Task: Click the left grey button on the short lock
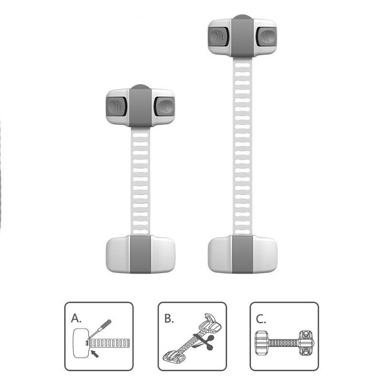(x=117, y=106)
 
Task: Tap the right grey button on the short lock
(x=164, y=106)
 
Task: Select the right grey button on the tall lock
(x=266, y=36)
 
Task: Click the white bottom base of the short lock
(x=140, y=254)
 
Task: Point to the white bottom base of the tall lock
(x=243, y=254)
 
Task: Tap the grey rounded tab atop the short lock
(x=140, y=87)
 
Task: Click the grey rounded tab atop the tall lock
(x=243, y=17)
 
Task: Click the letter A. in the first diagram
(x=76, y=318)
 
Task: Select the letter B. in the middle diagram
(x=169, y=318)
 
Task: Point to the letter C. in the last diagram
(x=261, y=318)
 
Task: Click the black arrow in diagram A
(x=95, y=354)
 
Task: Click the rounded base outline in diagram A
(x=81, y=343)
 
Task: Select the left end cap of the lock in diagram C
(x=262, y=343)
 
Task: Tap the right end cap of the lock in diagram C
(x=306, y=342)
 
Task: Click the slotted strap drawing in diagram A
(x=109, y=343)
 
